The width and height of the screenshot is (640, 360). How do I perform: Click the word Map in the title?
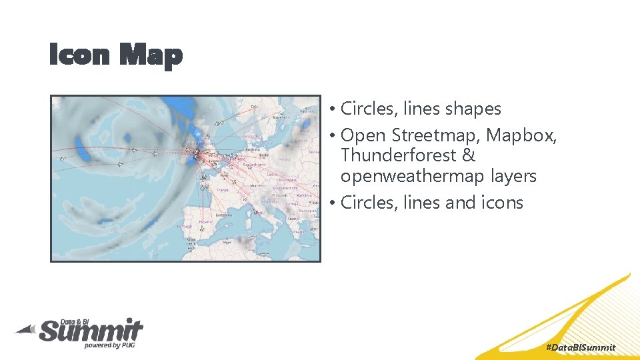(150, 55)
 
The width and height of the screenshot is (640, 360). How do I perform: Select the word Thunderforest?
(399, 155)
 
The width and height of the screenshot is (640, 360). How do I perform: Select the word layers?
(514, 176)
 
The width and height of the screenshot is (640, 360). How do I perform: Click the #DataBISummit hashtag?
(580, 347)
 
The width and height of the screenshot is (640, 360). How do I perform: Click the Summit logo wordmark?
(91, 330)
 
